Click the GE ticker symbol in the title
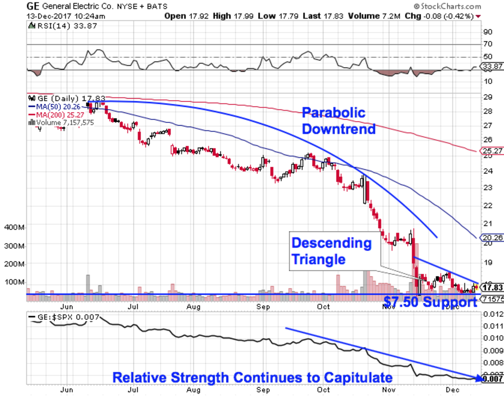34,7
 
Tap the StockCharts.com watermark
447,6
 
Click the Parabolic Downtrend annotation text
339,121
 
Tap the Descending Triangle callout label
332,251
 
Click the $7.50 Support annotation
430,302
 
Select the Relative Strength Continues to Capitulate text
252,377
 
